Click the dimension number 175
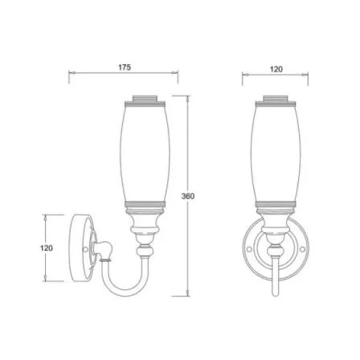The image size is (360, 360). coord(125,67)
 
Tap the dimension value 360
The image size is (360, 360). coord(188,195)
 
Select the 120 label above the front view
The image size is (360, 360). coord(276,69)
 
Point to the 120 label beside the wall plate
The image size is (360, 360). coord(46,248)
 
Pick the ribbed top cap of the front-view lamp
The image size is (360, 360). coord(276,102)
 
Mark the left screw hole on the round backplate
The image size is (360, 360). coord(250,250)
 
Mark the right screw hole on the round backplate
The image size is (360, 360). coord(301,250)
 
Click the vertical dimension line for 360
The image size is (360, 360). coord(188,241)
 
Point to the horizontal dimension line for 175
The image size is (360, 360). coord(96,75)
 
